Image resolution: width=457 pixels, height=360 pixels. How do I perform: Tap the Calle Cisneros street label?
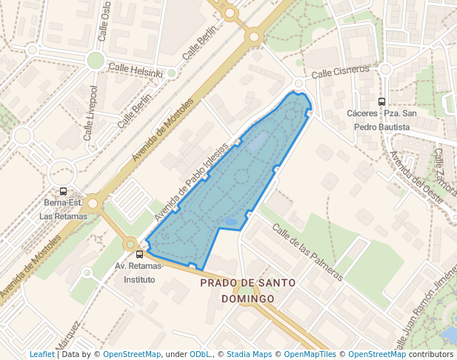(x=340, y=72)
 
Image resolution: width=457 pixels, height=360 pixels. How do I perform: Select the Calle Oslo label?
(x=104, y=20)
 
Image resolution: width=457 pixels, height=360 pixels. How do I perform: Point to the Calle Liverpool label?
(x=90, y=113)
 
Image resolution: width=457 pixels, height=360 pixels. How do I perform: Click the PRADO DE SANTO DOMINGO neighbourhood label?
(x=247, y=290)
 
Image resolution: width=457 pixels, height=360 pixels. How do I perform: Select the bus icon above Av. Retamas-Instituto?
(x=139, y=254)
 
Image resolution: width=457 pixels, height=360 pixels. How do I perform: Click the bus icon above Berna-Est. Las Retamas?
(x=63, y=191)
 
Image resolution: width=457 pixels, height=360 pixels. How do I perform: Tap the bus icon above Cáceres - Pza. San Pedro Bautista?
(x=381, y=102)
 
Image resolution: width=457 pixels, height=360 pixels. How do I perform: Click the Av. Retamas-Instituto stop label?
(x=139, y=273)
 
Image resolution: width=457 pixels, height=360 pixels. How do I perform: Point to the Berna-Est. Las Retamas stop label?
(x=63, y=209)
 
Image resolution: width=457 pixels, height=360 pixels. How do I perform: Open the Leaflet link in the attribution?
(x=41, y=354)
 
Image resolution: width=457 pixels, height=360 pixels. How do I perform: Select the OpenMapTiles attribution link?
(x=310, y=354)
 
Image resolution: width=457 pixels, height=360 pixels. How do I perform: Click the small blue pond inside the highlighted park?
(x=230, y=221)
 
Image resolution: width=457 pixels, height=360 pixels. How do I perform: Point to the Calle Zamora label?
(x=444, y=172)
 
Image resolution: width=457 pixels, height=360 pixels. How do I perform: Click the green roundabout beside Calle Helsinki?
(x=95, y=60)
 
